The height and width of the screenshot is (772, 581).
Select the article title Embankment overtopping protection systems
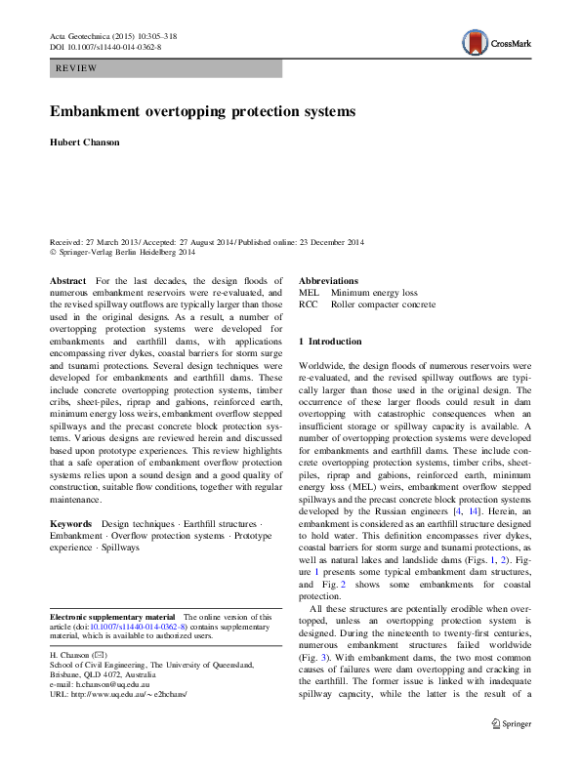202,111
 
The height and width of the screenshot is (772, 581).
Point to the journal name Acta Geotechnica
81,35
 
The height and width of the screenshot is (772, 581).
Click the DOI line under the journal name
105,46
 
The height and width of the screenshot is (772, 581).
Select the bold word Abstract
68,280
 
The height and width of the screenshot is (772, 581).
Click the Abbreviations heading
328,280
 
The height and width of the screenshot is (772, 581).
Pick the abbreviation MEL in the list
309,292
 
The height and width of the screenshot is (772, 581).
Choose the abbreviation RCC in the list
309,305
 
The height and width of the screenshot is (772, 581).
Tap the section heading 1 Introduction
331,342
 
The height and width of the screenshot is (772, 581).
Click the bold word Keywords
71,524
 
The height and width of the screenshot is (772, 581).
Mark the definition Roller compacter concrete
383,305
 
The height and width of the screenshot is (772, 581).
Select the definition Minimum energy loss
374,292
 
